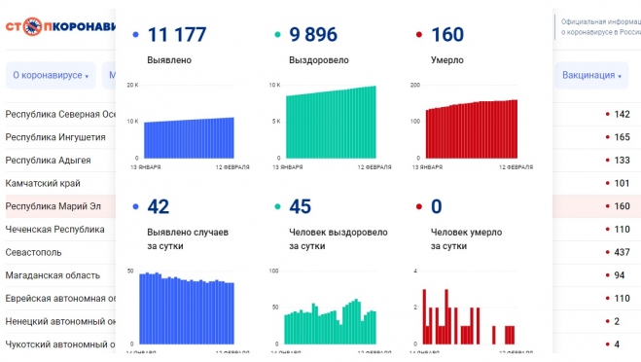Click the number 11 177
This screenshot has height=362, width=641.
(176, 35)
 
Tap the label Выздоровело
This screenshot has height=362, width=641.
(319, 60)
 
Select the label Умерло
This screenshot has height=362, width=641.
(447, 60)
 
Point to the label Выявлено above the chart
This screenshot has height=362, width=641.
(169, 60)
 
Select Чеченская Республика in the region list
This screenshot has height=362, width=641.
(54, 230)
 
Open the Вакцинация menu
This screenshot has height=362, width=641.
(591, 75)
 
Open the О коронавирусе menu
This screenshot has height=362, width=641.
(50, 75)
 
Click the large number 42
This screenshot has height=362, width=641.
(158, 206)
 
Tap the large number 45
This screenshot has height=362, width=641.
(301, 206)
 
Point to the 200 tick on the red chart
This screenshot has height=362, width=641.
(414, 86)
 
